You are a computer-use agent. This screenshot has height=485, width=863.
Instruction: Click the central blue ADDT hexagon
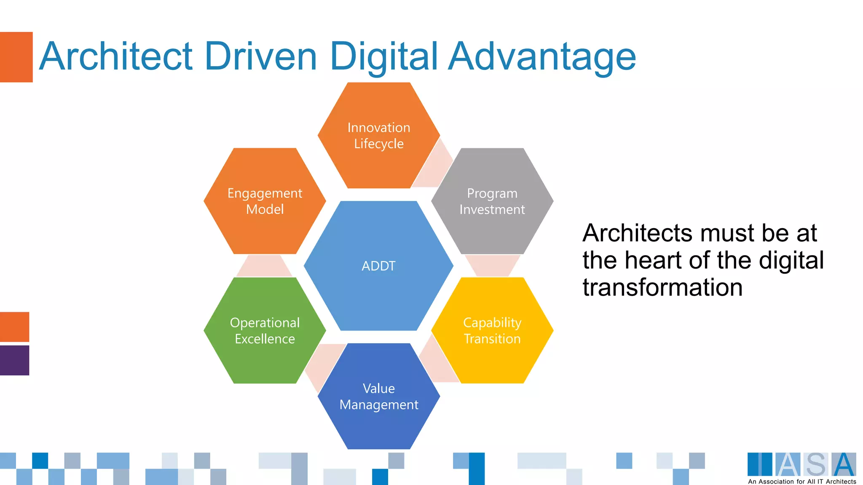click(378, 266)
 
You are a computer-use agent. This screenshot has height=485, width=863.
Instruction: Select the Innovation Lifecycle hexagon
click(378, 135)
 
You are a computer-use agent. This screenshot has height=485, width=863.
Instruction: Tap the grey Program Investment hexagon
click(492, 201)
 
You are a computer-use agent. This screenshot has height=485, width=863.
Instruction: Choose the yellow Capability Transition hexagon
click(492, 330)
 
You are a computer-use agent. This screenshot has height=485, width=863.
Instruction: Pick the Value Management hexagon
click(378, 396)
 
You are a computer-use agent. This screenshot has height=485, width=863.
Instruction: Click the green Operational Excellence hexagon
click(265, 330)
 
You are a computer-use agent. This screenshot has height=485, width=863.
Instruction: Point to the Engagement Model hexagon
click(265, 201)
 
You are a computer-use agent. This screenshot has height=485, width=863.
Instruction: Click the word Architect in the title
click(116, 56)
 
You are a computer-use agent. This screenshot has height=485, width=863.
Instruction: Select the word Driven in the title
click(261, 56)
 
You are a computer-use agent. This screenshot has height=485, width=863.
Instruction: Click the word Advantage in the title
click(542, 57)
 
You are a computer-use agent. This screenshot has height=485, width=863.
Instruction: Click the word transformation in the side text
click(662, 288)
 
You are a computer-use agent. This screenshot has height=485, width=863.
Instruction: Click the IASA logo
click(801, 465)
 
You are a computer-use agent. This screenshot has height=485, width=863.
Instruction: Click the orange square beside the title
click(16, 57)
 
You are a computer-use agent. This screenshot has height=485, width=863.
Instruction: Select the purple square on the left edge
click(14, 360)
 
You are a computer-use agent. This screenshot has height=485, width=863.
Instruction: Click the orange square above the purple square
click(14, 327)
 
